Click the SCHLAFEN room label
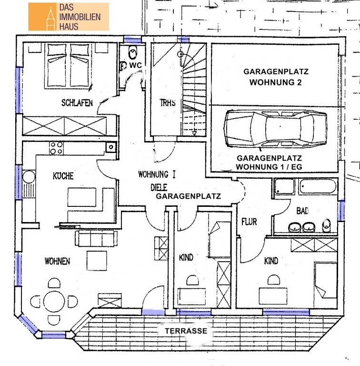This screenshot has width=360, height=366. pos(77,103)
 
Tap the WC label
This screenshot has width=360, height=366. pos(135,65)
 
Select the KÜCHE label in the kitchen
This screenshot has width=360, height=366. pos(63,176)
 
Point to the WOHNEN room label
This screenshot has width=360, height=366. pos(57,261)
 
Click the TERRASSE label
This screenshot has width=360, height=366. pos(186,331)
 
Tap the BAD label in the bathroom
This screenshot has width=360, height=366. pos(302,211)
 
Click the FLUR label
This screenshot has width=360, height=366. pos(249,222)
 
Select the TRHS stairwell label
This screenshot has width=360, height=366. pos(168,103)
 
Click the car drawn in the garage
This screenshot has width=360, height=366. pos(275,128)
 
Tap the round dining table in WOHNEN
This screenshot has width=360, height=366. pos(54,301)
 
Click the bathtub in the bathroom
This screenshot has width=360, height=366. pos(318,186)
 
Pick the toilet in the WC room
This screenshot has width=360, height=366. pos(133,53)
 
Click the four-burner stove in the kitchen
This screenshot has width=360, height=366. pos(56,148)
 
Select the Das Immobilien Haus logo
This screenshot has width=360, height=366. pos(69,17)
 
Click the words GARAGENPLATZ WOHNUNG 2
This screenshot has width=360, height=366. pos(276,77)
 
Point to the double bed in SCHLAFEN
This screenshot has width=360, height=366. pos(68,66)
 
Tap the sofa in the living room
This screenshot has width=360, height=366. pos(96,238)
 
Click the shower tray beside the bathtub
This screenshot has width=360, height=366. pos(284,186)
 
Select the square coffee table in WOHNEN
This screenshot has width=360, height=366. pos(97,261)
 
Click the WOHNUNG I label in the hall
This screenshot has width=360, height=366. pos(157,174)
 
